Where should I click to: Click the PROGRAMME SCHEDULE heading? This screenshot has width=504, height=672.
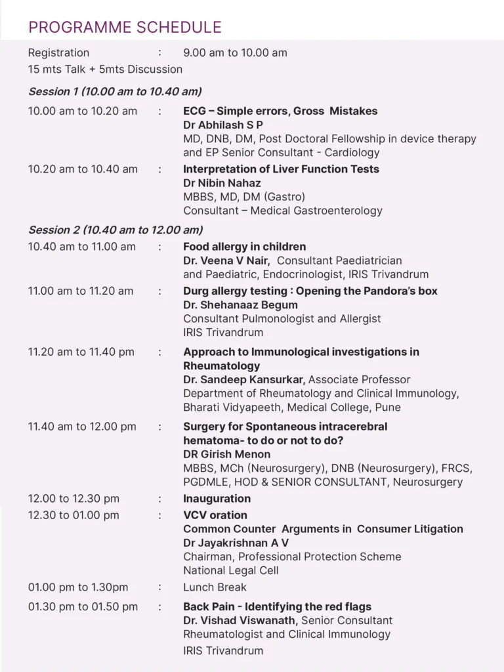point(125,28)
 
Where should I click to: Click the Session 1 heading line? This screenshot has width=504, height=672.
point(114,91)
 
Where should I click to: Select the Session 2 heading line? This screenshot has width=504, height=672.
point(115,230)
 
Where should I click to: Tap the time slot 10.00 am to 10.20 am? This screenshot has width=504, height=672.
point(83,111)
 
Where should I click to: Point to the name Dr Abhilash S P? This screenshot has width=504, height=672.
point(223,125)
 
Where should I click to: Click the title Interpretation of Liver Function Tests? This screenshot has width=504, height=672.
point(281,169)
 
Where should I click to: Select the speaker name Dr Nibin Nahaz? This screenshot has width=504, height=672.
point(222,183)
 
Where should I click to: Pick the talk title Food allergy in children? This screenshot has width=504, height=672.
point(244,247)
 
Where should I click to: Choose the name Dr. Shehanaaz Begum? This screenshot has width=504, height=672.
point(240,304)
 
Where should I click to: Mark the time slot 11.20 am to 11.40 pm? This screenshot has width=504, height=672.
point(81,352)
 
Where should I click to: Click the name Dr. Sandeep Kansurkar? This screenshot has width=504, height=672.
point(244,379)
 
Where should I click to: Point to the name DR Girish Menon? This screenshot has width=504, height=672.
point(226,454)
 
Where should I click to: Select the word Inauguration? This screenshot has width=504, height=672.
point(217,499)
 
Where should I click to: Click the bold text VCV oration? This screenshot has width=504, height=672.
point(215,515)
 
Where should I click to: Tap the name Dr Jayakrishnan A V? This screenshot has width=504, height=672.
point(236,543)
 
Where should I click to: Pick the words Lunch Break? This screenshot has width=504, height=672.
point(215,587)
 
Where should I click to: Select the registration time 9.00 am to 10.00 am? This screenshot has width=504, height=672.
point(235,52)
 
